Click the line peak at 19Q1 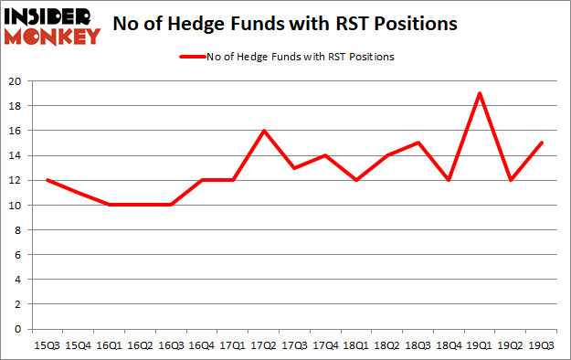coord(479,93)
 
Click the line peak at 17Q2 coord(263,131)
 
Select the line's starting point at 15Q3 coord(48,180)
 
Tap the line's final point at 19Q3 coord(542,143)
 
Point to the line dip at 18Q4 coord(448,180)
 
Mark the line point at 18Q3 coord(418,143)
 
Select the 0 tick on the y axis coord(17,329)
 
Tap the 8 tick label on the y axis coord(17,230)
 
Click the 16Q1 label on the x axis coord(109,346)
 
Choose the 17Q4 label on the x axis coord(325,346)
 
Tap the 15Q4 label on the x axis coord(78,346)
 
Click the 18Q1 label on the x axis coord(355,346)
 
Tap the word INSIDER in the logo coord(50,16)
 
